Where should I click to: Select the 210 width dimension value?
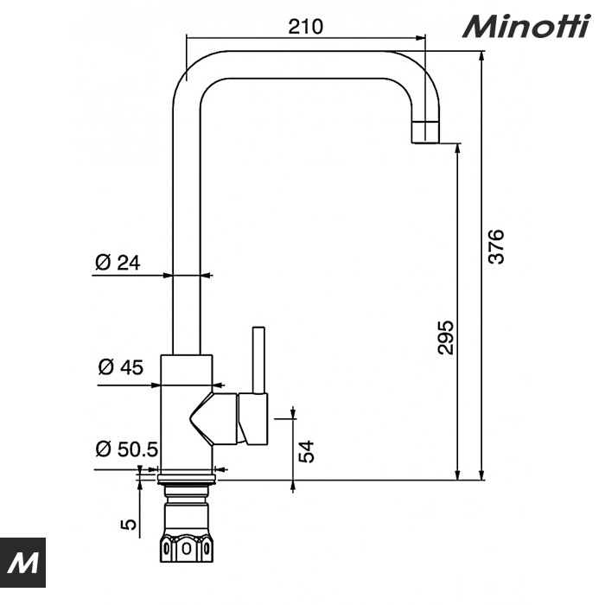(305, 27)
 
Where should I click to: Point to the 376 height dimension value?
(494, 247)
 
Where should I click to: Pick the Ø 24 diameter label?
(118, 263)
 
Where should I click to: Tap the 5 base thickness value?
(129, 524)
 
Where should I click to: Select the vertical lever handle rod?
(257, 359)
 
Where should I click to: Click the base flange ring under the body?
(186, 474)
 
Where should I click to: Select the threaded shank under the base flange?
(186, 505)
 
